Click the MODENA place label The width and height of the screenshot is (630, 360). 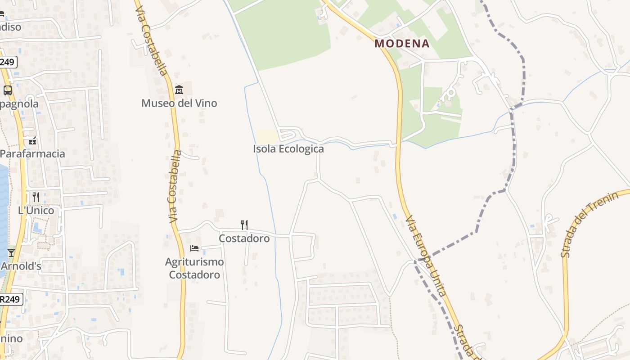(x=402, y=44)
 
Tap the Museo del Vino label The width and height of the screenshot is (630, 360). (x=179, y=103)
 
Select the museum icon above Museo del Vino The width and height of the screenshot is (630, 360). (x=179, y=90)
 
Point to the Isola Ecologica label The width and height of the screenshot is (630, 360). (x=288, y=149)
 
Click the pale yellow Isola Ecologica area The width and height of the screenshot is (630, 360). (x=267, y=136)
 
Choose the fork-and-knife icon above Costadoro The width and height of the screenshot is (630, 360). (x=244, y=225)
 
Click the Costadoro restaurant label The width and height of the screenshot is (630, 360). (x=244, y=238)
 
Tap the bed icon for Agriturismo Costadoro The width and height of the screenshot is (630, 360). (x=194, y=248)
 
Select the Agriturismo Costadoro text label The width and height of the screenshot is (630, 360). (x=194, y=268)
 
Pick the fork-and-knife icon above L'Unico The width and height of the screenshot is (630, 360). (x=36, y=197)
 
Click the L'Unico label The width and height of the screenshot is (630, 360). (x=36, y=210)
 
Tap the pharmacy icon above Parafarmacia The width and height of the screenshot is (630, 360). (x=32, y=141)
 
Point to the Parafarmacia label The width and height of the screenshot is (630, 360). (x=32, y=153)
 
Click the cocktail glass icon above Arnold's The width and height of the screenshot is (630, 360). (x=11, y=253)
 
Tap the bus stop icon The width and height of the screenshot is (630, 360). (x=8, y=90)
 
